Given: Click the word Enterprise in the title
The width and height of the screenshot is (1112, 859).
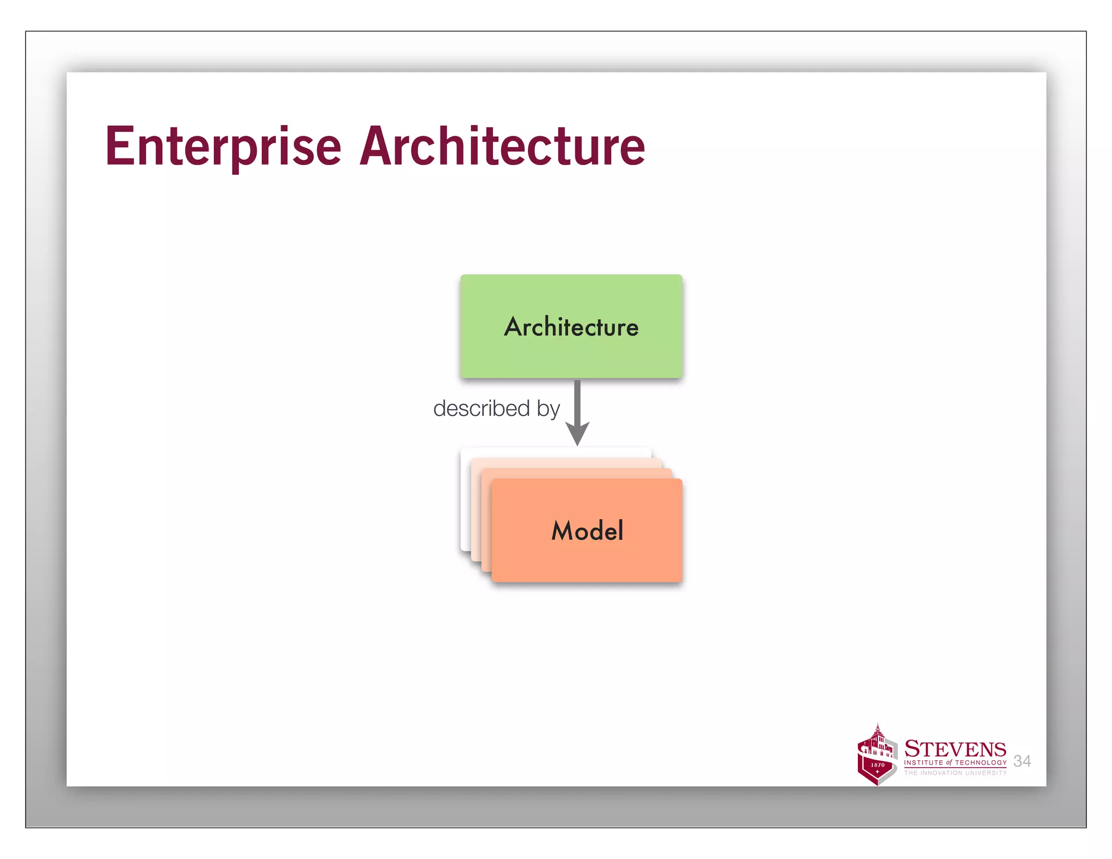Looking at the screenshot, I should tap(223, 147).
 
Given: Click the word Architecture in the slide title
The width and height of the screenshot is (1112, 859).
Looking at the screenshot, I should tap(502, 147).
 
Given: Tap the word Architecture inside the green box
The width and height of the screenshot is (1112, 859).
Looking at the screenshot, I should tap(571, 327).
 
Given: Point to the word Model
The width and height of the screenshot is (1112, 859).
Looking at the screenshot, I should tap(587, 530).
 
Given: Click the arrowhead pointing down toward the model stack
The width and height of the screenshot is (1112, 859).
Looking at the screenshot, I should tap(577, 433).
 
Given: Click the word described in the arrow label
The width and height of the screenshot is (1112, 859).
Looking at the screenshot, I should tap(481, 408).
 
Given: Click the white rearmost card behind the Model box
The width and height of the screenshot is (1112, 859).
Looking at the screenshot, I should tap(465, 500).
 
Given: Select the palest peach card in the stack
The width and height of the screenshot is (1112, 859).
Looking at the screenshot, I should tap(476, 510).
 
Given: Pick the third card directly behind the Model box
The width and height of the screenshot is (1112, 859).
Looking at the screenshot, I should tap(486, 521).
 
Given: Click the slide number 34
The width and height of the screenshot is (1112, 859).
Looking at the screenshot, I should tap(1022, 761).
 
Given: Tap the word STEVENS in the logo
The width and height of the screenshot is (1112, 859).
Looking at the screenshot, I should tap(955, 749).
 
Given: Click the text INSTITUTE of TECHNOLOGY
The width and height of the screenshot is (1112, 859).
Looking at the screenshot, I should tap(955, 763).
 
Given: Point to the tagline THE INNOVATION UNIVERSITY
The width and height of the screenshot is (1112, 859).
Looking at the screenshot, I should tap(955, 773).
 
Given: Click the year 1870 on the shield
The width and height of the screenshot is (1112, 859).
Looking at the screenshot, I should tap(877, 765).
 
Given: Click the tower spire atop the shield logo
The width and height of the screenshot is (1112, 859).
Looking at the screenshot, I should tap(878, 728).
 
